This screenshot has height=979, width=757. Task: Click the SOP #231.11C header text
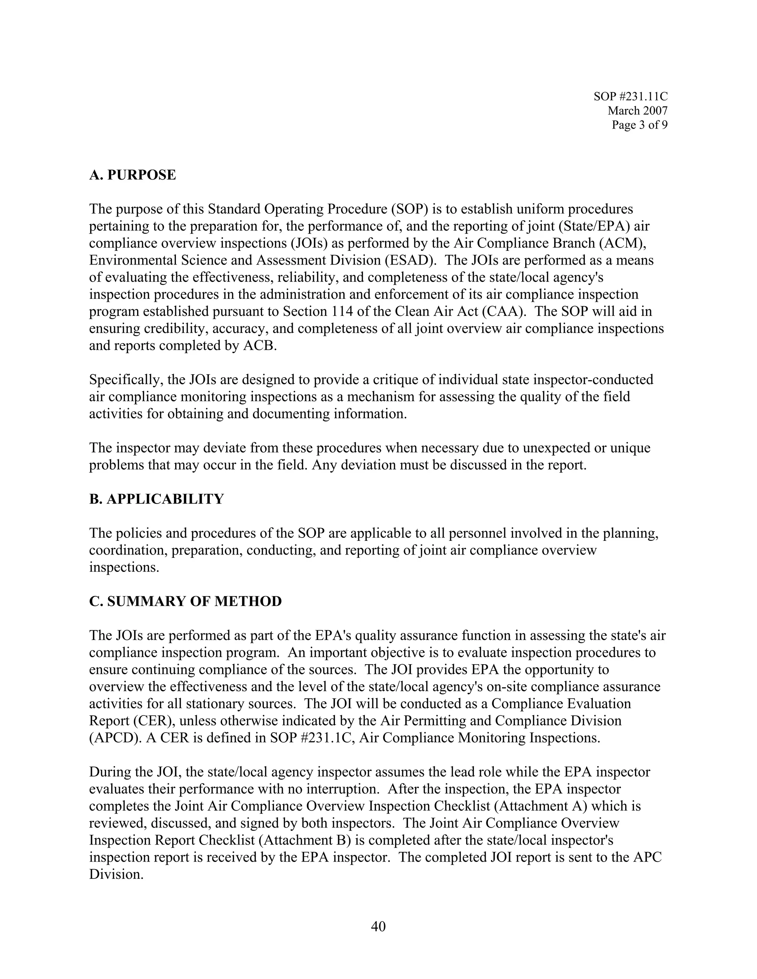click(630, 96)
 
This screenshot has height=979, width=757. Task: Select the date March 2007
click(637, 111)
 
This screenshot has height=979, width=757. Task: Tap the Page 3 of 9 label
click(639, 125)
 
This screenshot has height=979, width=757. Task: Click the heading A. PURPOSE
click(132, 175)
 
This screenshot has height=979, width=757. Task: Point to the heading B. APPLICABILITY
click(156, 499)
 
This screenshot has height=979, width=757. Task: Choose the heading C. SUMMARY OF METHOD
click(185, 601)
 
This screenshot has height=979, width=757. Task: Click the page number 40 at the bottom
click(378, 926)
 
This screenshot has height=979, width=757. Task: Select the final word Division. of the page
click(116, 874)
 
